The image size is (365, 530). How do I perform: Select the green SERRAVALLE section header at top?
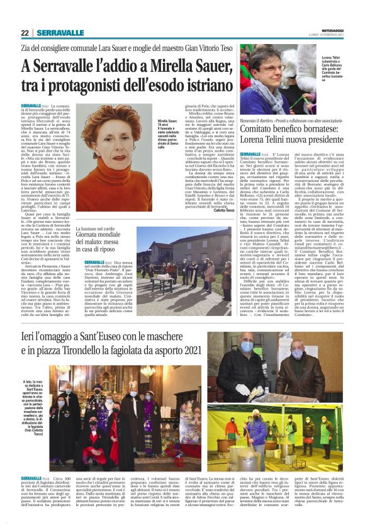click(60, 33)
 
